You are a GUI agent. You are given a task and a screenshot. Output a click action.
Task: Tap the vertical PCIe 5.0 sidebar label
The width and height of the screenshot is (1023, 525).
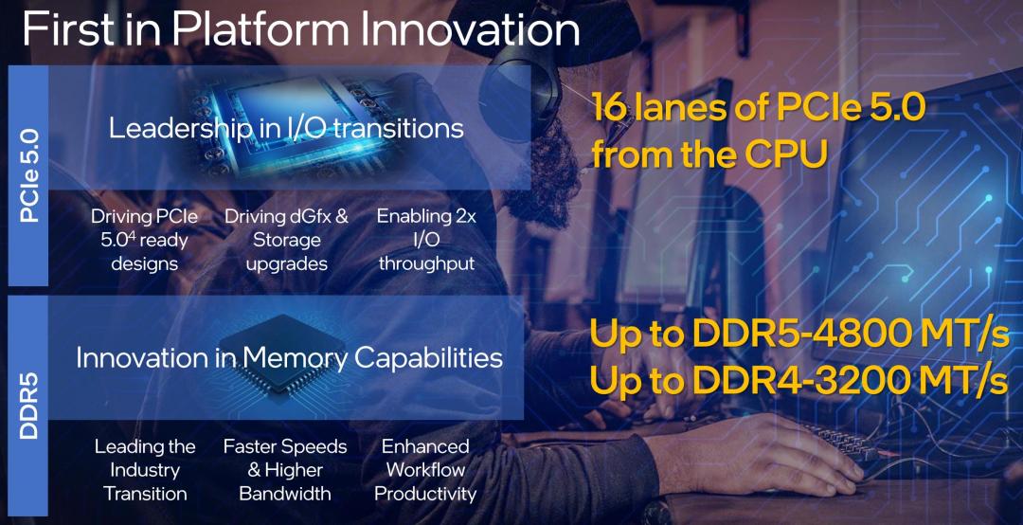(x=29, y=176)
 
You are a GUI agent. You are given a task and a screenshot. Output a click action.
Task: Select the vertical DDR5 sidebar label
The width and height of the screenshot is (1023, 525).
(x=29, y=406)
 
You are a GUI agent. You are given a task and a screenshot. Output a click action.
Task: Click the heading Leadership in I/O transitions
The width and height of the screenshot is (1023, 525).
(x=286, y=128)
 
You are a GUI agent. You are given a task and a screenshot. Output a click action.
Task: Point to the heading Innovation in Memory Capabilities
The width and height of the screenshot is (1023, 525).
(x=289, y=358)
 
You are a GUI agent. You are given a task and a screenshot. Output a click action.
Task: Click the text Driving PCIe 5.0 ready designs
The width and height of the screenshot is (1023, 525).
(x=144, y=240)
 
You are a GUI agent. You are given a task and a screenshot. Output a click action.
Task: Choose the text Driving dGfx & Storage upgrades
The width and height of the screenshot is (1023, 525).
(x=286, y=240)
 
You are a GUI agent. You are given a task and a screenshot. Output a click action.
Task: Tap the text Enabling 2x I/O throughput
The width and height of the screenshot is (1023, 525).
(x=426, y=240)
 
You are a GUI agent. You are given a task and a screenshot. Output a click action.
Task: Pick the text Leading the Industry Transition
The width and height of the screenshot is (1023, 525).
(x=145, y=469)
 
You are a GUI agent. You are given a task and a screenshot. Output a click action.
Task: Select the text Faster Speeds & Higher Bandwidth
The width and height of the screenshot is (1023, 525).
(x=285, y=469)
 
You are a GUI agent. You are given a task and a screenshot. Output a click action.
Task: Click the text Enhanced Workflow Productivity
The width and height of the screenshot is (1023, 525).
(x=425, y=469)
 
